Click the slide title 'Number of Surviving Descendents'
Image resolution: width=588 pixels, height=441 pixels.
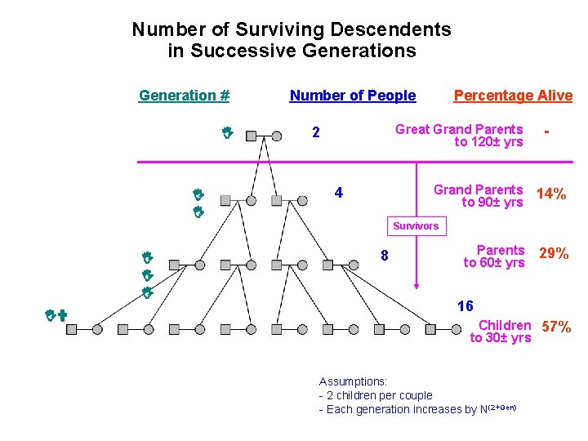tap(292, 30)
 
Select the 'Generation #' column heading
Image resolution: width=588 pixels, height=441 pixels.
tap(184, 96)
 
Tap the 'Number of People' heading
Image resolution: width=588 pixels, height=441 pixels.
tap(353, 96)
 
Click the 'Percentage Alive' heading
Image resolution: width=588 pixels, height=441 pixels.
tap(513, 96)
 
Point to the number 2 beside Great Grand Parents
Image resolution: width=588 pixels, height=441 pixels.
tap(316, 133)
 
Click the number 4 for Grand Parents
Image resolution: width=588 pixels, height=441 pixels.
tap(338, 194)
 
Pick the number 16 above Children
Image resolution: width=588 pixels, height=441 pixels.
tap(465, 306)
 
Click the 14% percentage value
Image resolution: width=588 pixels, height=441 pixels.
tap(551, 194)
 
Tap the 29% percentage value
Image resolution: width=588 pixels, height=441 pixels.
tap(554, 254)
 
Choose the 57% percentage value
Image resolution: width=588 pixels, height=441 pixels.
tap(556, 327)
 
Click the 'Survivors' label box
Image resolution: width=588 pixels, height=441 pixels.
tap(416, 225)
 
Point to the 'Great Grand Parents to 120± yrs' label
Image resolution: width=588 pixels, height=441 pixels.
tap(460, 136)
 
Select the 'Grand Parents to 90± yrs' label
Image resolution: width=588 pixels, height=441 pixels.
tap(479, 196)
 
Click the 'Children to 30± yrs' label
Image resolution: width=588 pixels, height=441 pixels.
tap(501, 332)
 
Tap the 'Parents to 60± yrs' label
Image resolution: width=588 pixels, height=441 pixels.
tap(495, 256)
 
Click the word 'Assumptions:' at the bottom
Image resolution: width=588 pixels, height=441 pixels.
tap(353, 381)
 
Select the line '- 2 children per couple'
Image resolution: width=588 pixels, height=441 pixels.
tap(376, 395)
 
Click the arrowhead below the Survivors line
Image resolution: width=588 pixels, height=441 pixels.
tap(416, 286)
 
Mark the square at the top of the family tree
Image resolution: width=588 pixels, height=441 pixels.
tap(251, 136)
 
